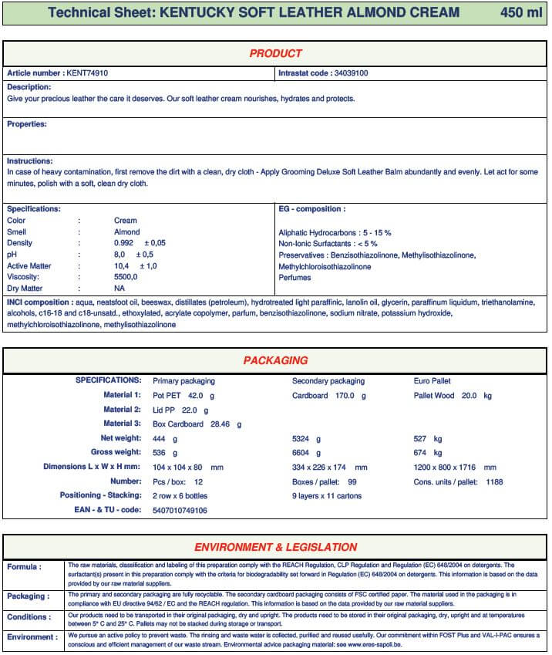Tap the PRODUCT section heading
coord(275,53)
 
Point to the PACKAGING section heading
coord(275,360)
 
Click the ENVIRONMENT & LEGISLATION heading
coord(275,547)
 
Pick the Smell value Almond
coord(127,232)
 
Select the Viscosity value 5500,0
coord(126,277)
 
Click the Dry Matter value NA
coord(119,288)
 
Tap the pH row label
coord(12,255)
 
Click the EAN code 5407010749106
coord(180,511)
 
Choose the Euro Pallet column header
coord(433,381)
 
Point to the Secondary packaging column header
coord(328,381)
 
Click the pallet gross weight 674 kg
coord(428,453)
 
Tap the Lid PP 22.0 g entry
coord(180,410)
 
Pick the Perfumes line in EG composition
coord(295,278)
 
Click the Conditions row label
coord(29,617)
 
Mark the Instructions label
coord(29,161)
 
